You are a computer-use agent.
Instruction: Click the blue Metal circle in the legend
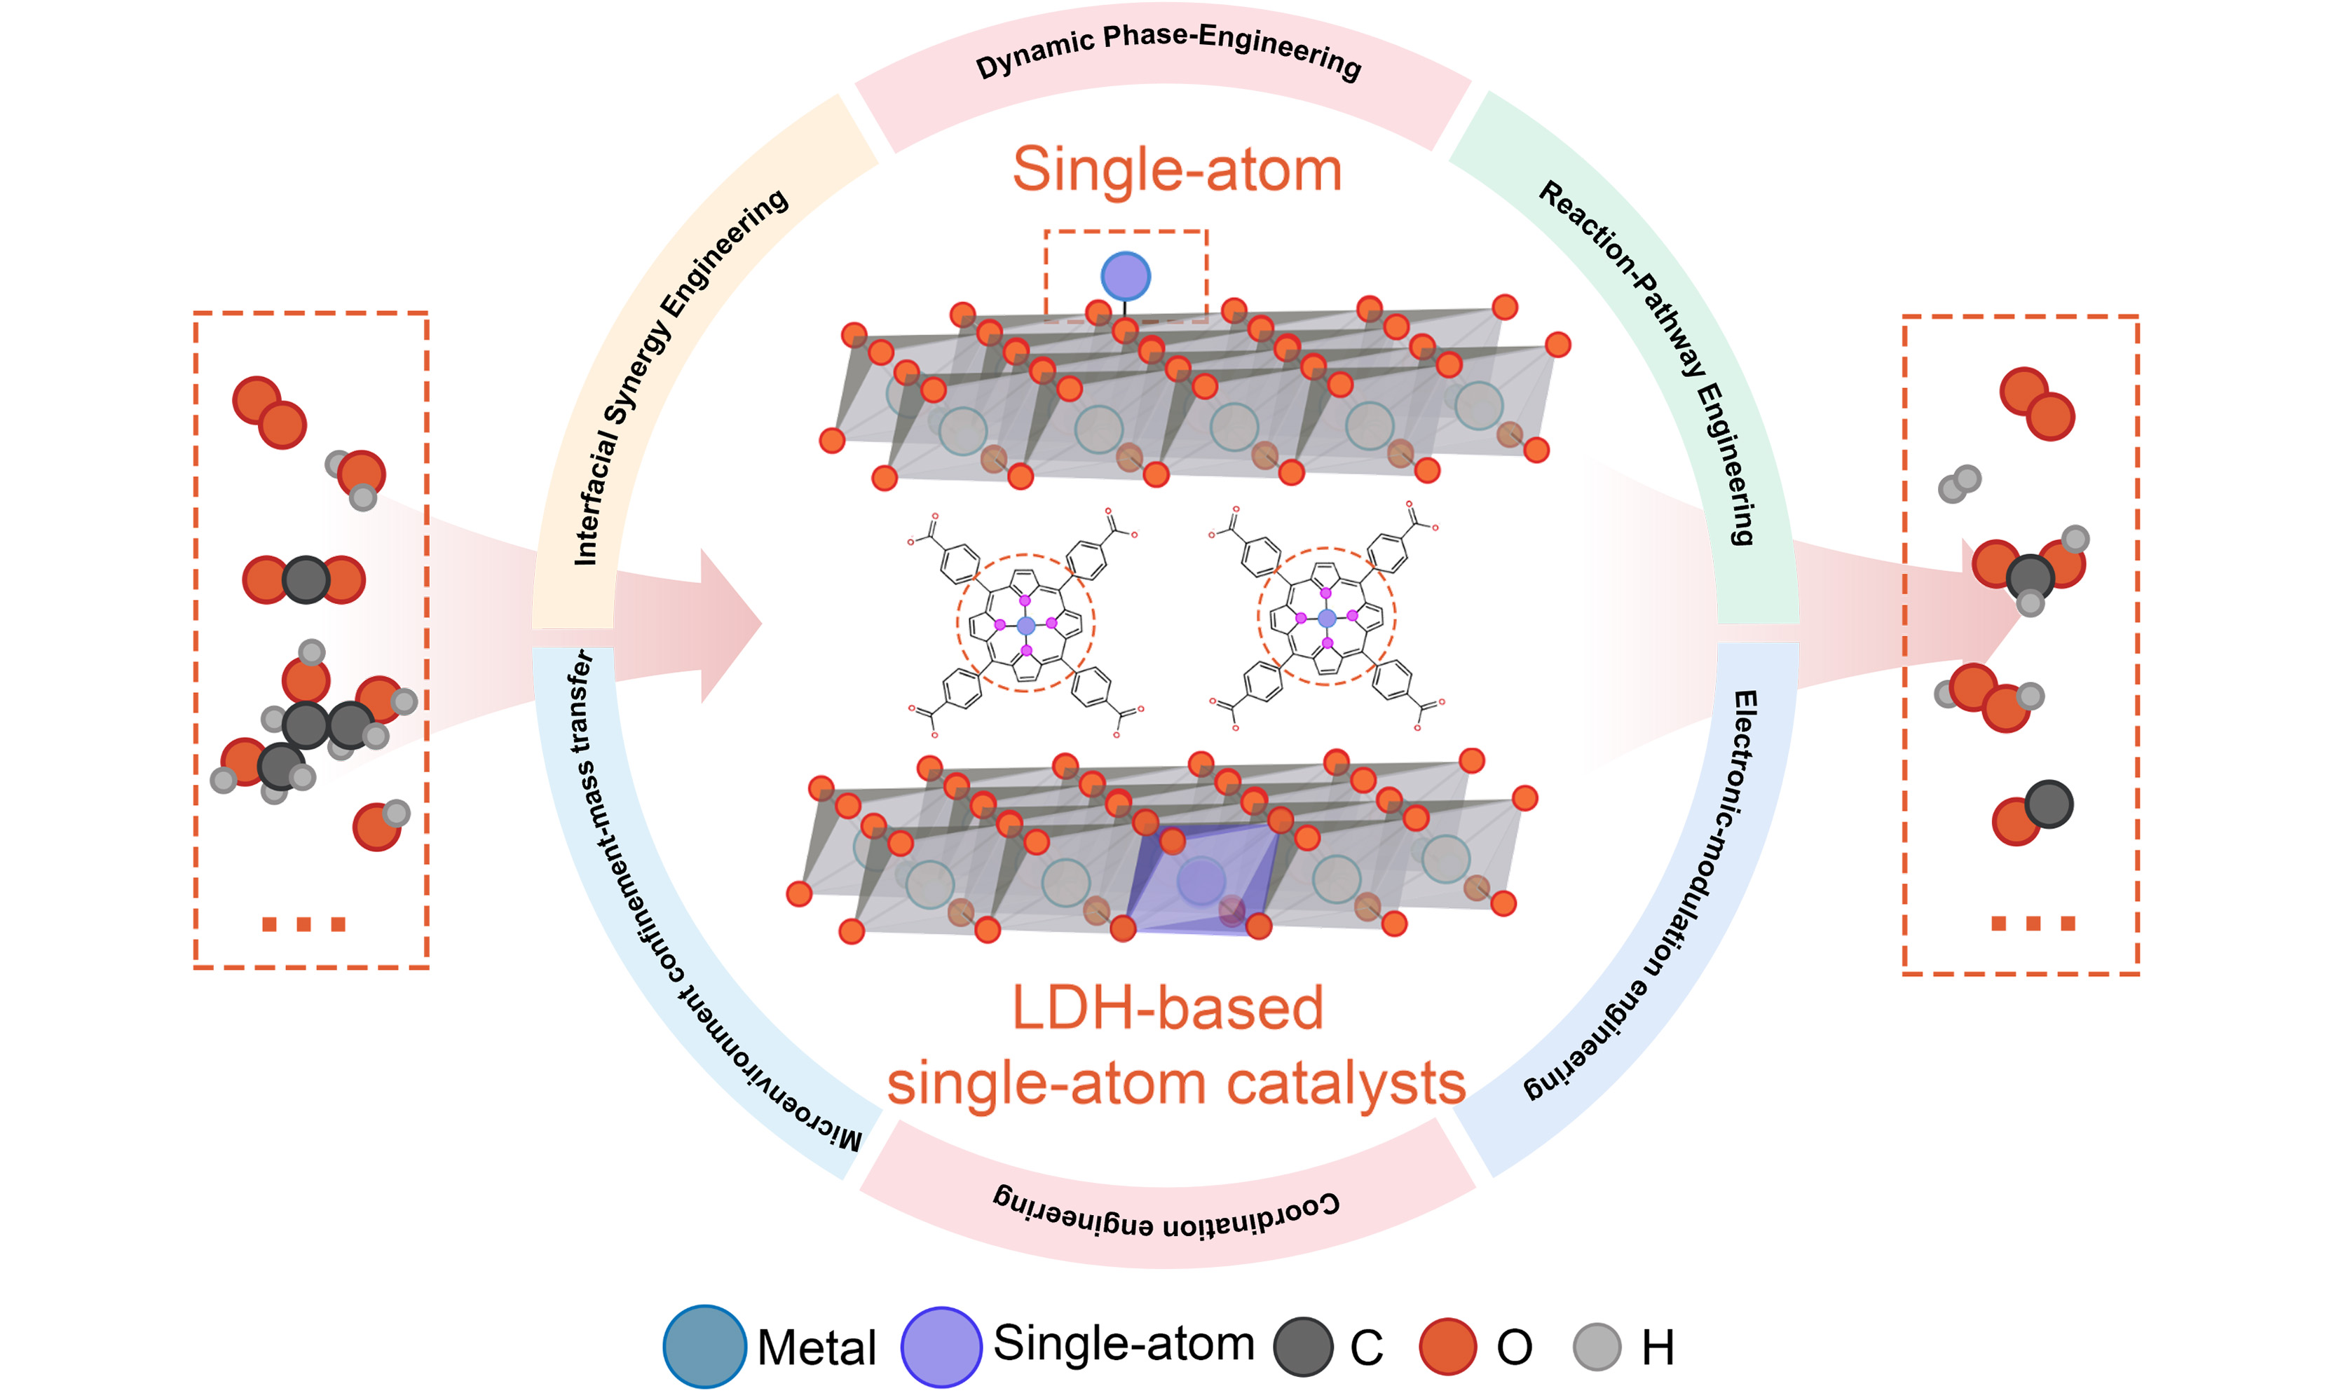click(x=704, y=1346)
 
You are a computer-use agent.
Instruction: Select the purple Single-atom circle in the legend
click(x=941, y=1346)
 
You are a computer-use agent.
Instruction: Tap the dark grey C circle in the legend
click(x=1303, y=1346)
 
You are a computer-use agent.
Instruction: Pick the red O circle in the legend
click(x=1447, y=1346)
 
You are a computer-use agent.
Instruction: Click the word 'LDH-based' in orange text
click(x=1168, y=1008)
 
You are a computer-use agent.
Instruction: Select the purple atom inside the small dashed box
click(x=1126, y=276)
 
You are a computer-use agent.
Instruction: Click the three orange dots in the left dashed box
click(x=303, y=924)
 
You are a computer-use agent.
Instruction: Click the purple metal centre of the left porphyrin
click(x=1026, y=624)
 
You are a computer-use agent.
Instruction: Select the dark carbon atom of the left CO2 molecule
click(x=305, y=579)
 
